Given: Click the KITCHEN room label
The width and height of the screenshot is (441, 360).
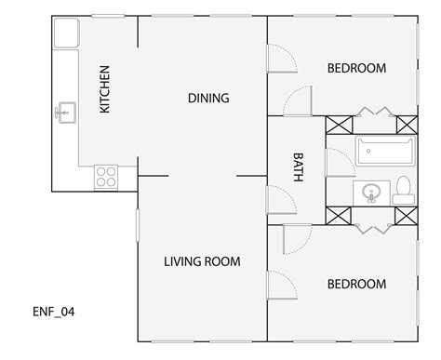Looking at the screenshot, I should [105, 89].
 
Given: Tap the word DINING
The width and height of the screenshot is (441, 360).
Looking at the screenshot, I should [208, 98].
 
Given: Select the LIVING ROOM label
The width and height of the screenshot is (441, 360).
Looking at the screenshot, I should [202, 262].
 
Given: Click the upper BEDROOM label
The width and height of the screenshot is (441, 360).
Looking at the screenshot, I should [357, 68].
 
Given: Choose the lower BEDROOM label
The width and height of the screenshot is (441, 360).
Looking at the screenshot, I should [357, 284].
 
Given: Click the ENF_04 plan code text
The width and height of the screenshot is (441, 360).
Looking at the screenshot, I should [53, 312].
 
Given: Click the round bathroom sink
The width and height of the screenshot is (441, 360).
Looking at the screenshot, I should [371, 193].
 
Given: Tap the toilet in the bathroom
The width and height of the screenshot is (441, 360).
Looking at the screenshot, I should [403, 191].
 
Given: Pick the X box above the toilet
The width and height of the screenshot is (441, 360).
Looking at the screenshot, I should [407, 125].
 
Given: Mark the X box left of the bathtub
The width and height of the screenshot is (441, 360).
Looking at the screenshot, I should [337, 125].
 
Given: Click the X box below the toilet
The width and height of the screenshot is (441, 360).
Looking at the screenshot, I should [407, 216].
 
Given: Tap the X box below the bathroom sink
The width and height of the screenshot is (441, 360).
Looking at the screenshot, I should [337, 216].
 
